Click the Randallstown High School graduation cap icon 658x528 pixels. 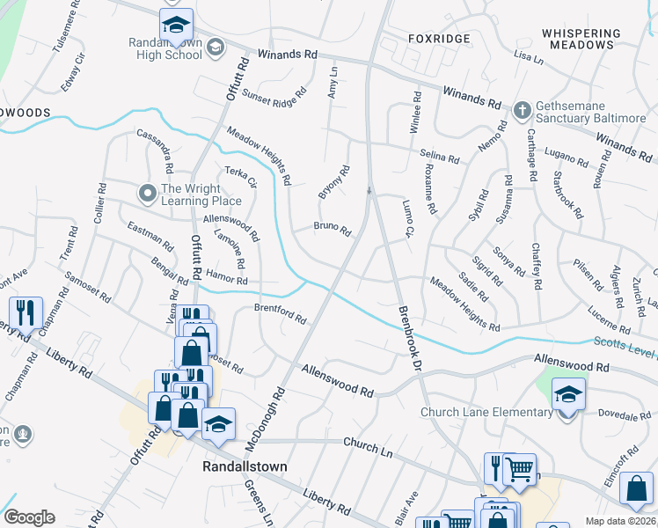point(176,25)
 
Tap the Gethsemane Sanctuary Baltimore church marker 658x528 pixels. point(522,111)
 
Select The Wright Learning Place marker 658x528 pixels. point(147,191)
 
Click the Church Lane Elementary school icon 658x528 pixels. point(568,397)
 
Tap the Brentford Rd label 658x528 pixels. point(279,312)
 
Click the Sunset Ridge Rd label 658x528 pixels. point(274,91)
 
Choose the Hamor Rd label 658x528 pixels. point(228,279)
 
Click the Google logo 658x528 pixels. point(29,517)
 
